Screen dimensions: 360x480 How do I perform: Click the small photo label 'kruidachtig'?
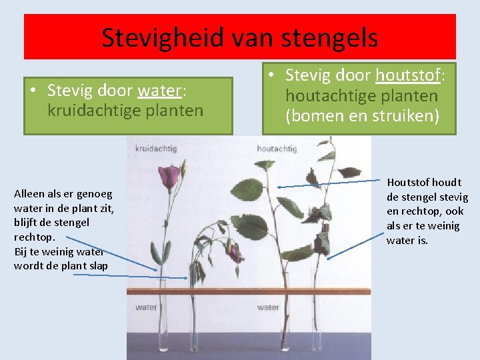pos(152,147)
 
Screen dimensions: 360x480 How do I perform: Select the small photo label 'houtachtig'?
pos(276,148)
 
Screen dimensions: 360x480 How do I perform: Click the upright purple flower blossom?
pos(169,176)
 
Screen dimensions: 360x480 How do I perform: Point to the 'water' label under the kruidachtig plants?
pos(146,307)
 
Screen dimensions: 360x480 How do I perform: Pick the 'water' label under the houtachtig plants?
pos(268,307)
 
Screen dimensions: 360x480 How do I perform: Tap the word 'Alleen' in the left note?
pos(29,194)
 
